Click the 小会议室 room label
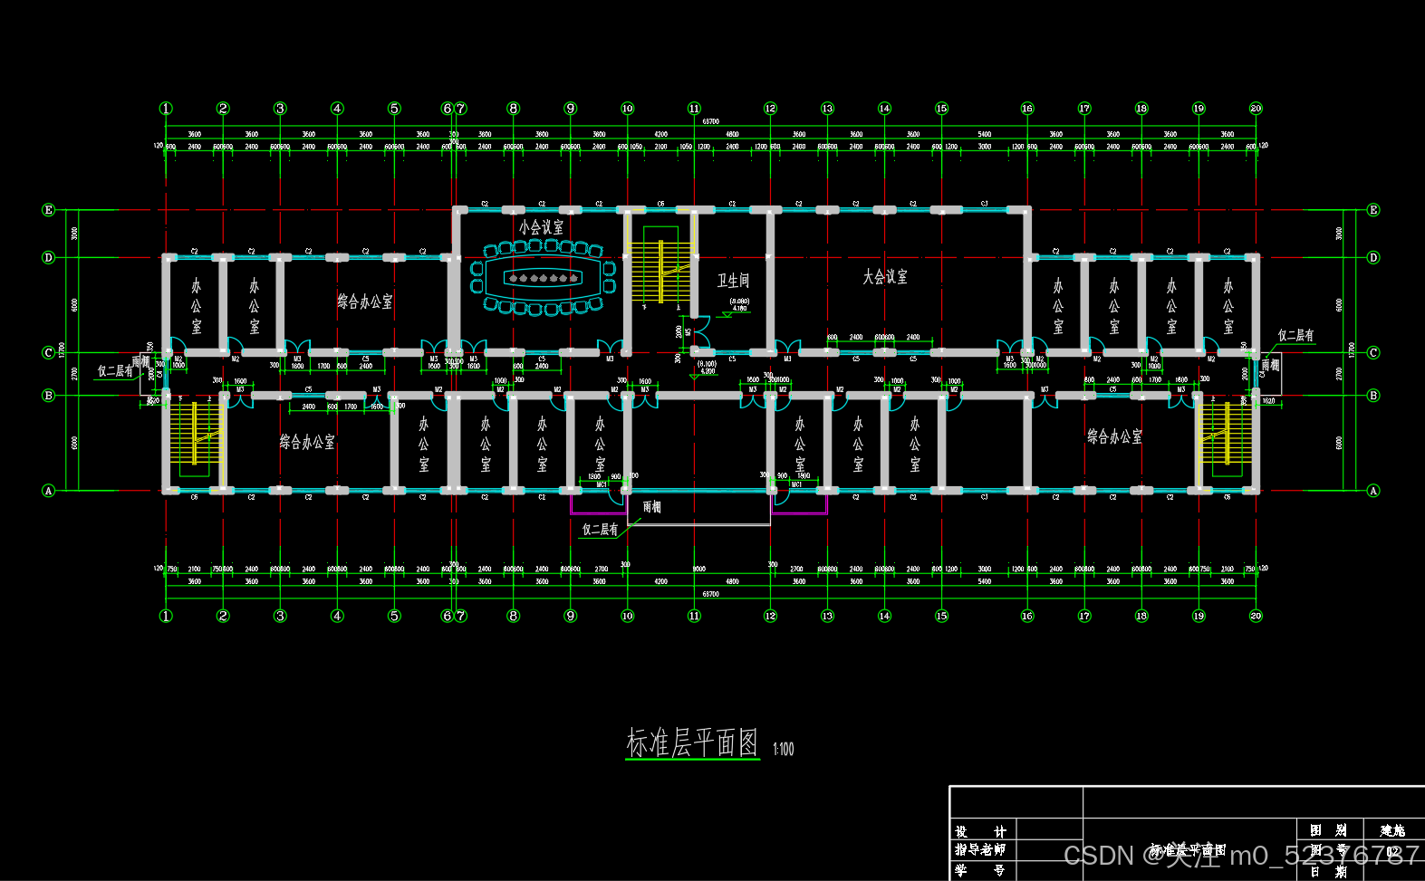(x=541, y=227)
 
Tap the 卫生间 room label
(x=733, y=281)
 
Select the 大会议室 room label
(x=884, y=277)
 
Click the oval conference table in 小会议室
(x=544, y=278)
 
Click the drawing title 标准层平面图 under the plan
(x=692, y=742)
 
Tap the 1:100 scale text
(x=783, y=749)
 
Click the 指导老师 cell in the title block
(x=981, y=849)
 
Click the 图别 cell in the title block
(x=1327, y=830)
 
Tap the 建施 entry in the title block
(x=1392, y=830)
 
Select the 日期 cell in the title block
(x=1327, y=871)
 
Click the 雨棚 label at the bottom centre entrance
(x=651, y=507)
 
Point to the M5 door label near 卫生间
(x=688, y=332)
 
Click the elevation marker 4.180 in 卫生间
(x=739, y=309)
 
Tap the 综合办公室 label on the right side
(x=1114, y=436)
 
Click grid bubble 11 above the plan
(x=694, y=109)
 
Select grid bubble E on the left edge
(x=49, y=210)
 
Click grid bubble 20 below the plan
(x=1256, y=616)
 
